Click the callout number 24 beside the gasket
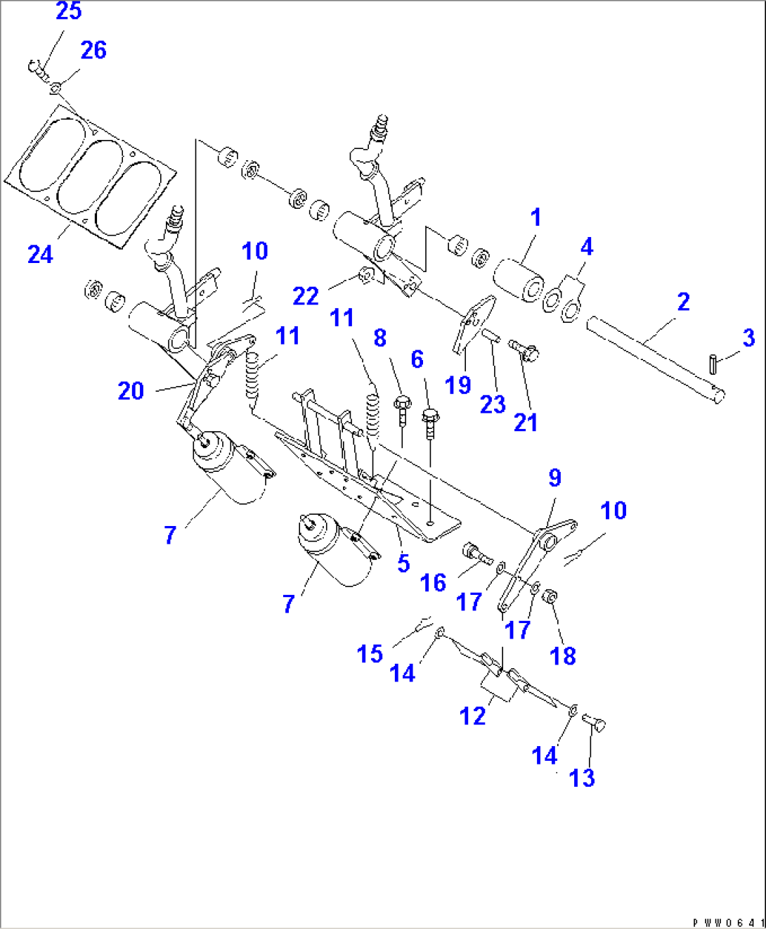pyautogui.click(x=40, y=254)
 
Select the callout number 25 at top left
pyautogui.click(x=68, y=11)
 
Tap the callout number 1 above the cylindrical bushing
pyautogui.click(x=535, y=217)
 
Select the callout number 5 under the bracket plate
pyautogui.click(x=403, y=563)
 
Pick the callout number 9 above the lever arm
pyautogui.click(x=554, y=478)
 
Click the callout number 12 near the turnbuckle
pyautogui.click(x=472, y=716)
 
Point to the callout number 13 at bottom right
pyautogui.click(x=581, y=778)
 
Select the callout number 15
pyautogui.click(x=370, y=654)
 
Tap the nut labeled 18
pyautogui.click(x=550, y=597)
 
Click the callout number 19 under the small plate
pyautogui.click(x=457, y=385)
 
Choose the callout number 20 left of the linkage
pyautogui.click(x=131, y=390)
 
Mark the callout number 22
pyautogui.click(x=306, y=296)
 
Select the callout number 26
pyautogui.click(x=93, y=51)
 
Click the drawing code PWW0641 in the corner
pyautogui.click(x=728, y=922)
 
